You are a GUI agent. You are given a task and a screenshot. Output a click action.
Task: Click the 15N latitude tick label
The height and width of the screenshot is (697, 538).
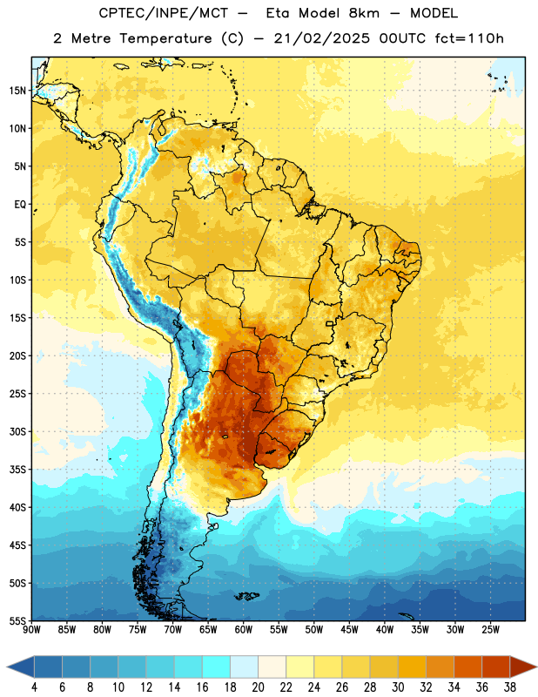tap(17, 91)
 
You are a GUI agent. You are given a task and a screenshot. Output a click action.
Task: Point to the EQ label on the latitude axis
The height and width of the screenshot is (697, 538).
tap(20, 205)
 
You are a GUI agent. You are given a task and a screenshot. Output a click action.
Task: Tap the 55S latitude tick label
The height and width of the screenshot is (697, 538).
tap(17, 620)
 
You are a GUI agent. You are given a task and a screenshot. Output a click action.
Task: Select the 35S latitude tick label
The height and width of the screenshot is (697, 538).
tap(17, 470)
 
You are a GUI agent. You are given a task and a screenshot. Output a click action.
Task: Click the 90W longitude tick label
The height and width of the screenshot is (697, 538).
tap(31, 629)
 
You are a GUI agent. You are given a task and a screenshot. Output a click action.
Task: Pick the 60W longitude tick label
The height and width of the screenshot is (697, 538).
tap(244, 629)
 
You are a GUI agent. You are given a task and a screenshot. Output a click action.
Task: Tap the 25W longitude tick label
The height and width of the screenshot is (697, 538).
tap(490, 629)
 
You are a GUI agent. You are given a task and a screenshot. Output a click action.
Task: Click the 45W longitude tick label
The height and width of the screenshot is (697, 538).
tap(349, 629)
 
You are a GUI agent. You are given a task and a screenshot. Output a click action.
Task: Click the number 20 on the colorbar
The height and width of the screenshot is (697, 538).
tap(258, 687)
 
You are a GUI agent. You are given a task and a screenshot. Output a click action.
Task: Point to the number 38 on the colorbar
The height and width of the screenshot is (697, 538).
tap(510, 687)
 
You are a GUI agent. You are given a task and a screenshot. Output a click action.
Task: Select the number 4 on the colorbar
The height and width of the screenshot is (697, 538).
tap(34, 687)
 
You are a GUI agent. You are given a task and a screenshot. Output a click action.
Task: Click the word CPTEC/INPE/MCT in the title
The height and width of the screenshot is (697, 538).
tap(163, 13)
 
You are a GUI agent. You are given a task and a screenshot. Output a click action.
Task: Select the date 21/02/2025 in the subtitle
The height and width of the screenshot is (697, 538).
tap(321, 38)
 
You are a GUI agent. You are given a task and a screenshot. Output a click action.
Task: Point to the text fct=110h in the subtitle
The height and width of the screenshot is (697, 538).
tap(469, 38)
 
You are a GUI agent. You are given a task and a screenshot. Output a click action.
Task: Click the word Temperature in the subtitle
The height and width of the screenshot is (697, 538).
tap(165, 39)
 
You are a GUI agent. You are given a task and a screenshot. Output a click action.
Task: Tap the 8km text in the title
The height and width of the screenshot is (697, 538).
tap(364, 13)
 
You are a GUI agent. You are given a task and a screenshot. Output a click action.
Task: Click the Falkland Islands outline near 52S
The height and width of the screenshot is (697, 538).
tap(246, 596)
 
